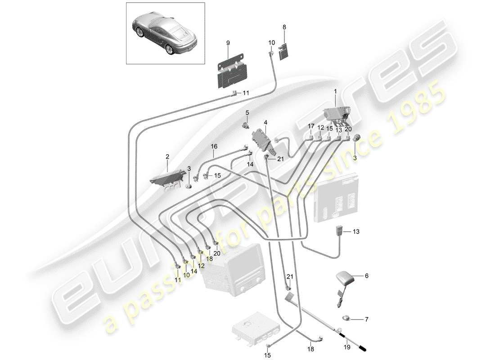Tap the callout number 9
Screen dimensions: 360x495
tap(228, 42)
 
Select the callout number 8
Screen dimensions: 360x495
tap(284, 27)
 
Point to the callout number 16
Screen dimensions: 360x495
tap(214, 146)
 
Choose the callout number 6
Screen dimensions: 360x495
tap(366, 276)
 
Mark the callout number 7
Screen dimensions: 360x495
tap(366, 319)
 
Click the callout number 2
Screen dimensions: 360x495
tap(167, 157)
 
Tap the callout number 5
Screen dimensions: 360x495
tap(247, 112)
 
